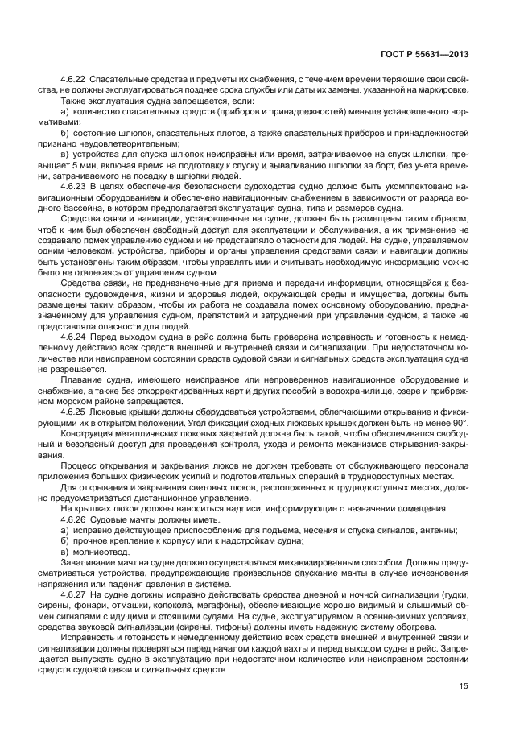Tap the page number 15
464,686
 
